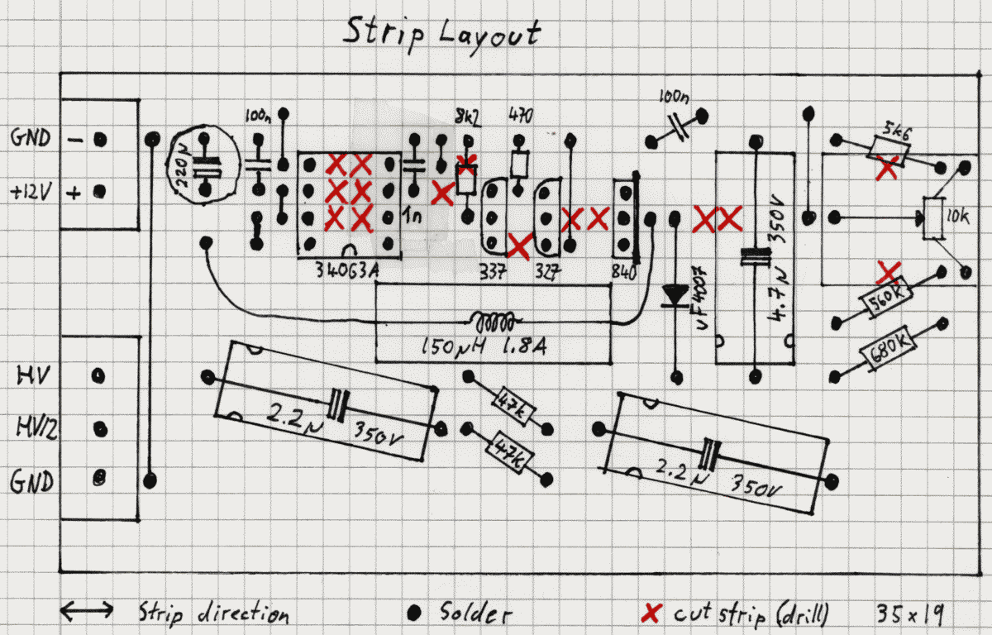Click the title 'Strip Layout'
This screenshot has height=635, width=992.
442,33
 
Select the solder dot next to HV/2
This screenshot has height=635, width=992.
100,428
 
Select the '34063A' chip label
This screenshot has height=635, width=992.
347,270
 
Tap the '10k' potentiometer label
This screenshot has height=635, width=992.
958,217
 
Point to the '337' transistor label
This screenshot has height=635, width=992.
493,270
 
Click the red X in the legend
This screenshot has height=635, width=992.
652,613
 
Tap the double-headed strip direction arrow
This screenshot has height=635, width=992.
88,611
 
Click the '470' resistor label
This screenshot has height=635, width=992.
520,115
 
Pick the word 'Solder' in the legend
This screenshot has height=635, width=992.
475,613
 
